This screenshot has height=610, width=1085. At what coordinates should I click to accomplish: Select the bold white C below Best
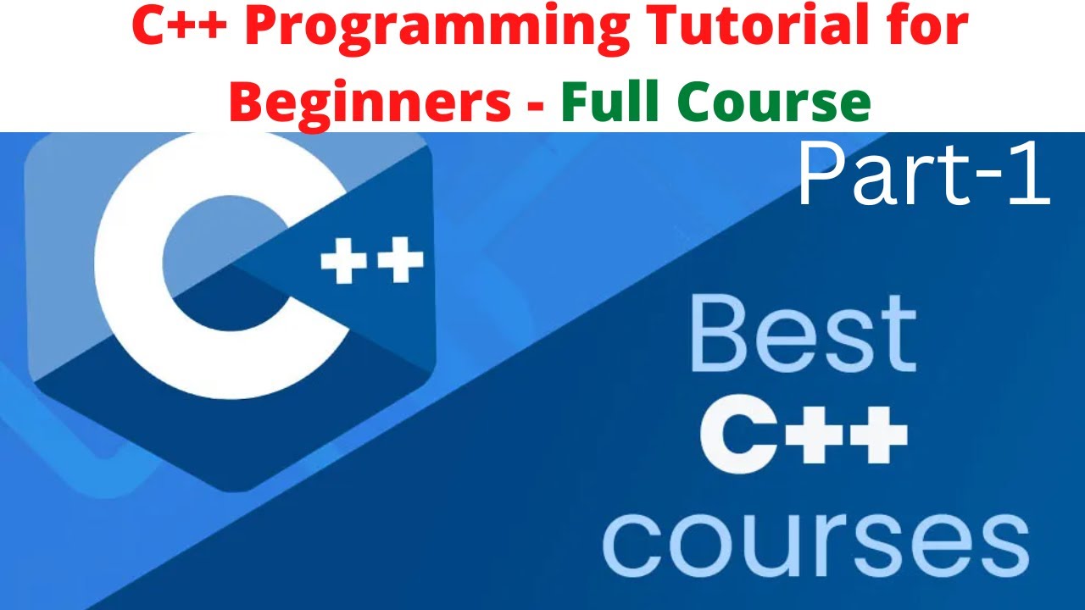coord(733,436)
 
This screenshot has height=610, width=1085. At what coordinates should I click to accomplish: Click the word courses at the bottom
coord(819,538)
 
